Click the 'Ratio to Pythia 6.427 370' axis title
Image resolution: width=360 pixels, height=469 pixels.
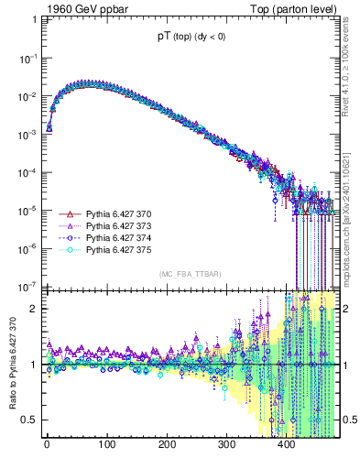click(10, 362)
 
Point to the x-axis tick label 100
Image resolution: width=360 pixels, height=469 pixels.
click(106, 446)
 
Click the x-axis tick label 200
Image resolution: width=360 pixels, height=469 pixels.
click(167, 446)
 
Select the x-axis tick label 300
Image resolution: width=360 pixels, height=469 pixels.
click(227, 446)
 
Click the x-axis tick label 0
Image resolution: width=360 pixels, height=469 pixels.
click(46, 446)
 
